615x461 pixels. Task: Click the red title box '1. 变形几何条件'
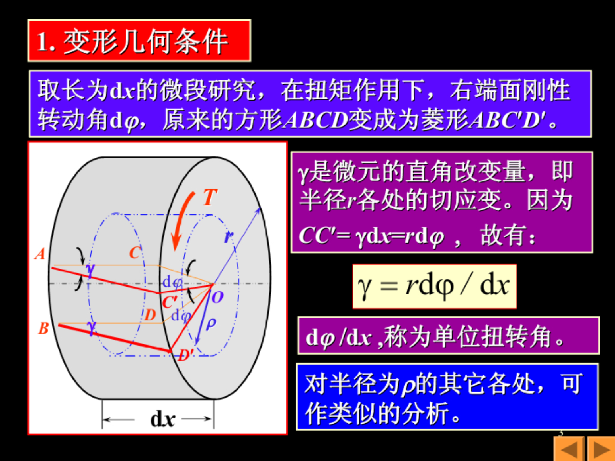(139, 41)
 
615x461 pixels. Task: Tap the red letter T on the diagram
(210, 197)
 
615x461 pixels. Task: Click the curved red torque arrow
(181, 220)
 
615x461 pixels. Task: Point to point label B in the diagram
(43, 328)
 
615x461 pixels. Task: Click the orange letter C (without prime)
(135, 253)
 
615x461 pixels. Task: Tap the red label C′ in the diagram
(169, 303)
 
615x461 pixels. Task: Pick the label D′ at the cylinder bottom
(185, 355)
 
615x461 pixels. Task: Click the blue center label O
(217, 297)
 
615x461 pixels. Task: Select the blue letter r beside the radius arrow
(229, 237)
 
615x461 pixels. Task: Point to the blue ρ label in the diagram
(211, 324)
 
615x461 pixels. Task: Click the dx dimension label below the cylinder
(162, 420)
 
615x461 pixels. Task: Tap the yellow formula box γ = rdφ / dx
(435, 286)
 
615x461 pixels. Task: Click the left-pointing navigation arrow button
(569, 449)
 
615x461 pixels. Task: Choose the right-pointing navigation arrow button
(601, 449)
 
